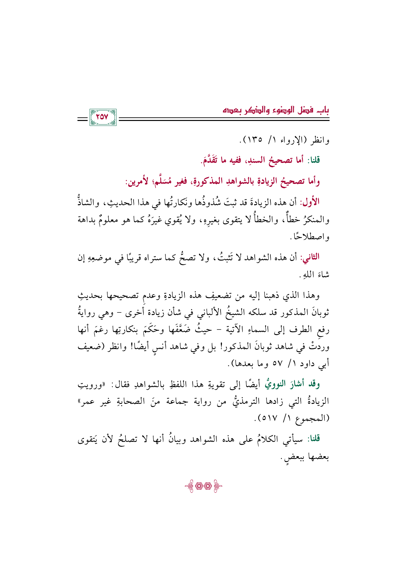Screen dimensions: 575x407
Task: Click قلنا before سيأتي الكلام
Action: tap(312, 439)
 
